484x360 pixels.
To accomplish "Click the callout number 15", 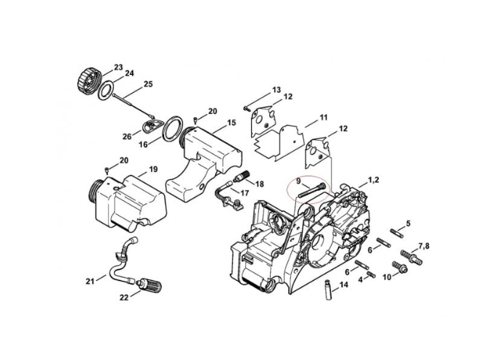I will [x=231, y=123].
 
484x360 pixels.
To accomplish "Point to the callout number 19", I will [x=153, y=170].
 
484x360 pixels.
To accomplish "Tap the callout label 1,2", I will [x=373, y=178].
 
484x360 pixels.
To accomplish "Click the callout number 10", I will [x=386, y=277].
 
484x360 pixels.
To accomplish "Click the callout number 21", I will [x=89, y=281].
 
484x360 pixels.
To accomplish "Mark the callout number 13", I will [x=276, y=90].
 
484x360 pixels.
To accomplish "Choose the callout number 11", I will [x=324, y=117].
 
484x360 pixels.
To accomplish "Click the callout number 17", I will [x=244, y=193].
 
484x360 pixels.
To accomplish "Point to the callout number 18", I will [x=260, y=184].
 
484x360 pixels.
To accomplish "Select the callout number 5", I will [x=408, y=224].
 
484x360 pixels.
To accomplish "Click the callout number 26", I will [x=126, y=136].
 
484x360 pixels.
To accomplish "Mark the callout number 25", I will [x=148, y=84].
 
